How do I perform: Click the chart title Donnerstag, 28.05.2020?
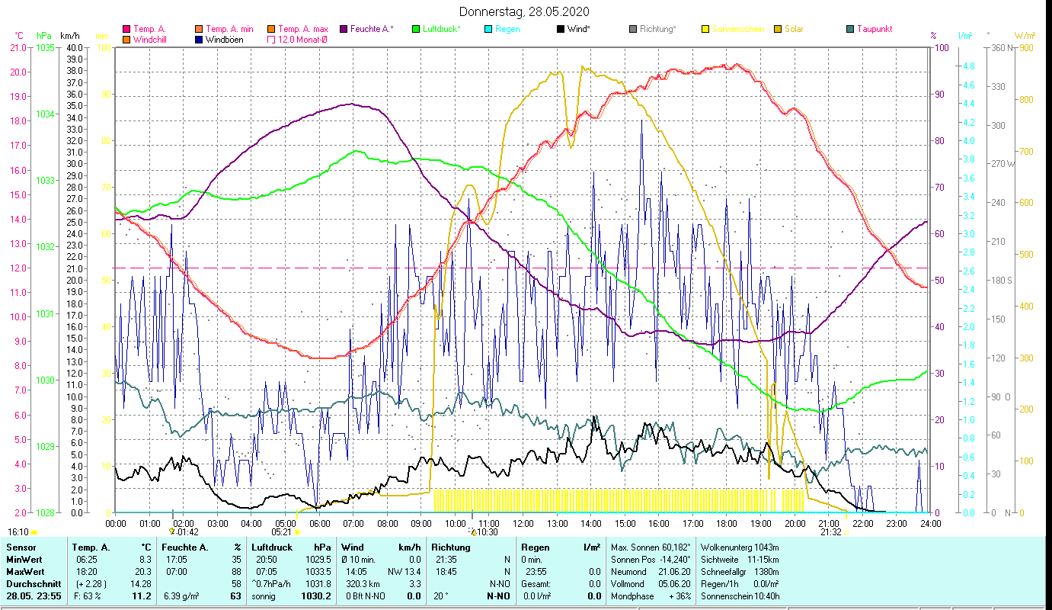(525, 12)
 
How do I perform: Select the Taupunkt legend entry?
(874, 29)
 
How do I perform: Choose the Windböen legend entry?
(224, 40)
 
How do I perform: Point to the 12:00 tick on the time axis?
(523, 523)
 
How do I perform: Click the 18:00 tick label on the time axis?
(727, 523)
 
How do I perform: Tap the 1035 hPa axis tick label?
(45, 48)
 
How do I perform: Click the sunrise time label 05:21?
(282, 532)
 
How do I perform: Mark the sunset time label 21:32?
(830, 532)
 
